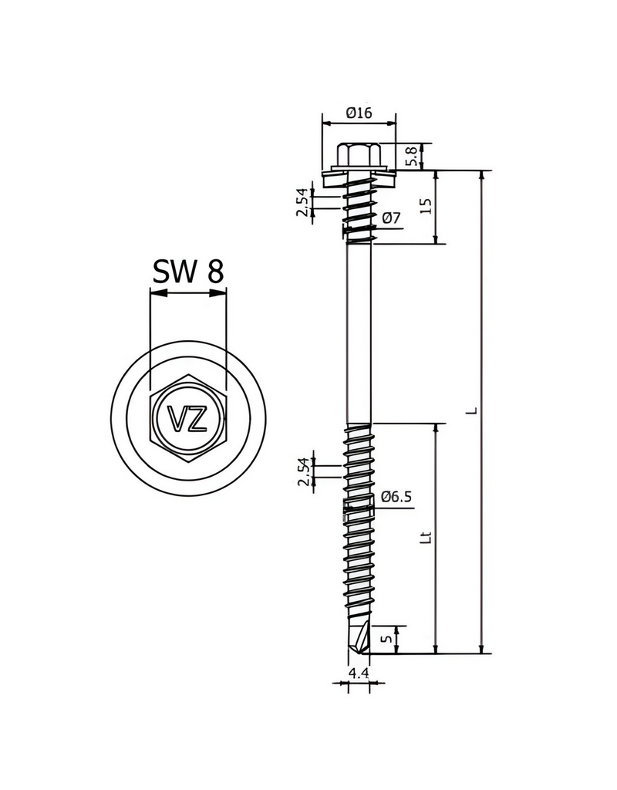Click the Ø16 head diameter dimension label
tap(359, 113)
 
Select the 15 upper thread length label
tap(425, 206)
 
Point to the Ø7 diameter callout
tap(391, 218)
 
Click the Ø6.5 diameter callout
tap(397, 497)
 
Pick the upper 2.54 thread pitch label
tap(304, 202)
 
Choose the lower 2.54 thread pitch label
tap(304, 471)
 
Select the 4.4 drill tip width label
tap(358, 674)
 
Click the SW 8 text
tap(188, 272)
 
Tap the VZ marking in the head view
tap(188, 420)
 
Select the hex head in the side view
tap(359, 154)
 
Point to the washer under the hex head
tap(359, 172)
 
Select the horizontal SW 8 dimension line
tap(188, 292)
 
